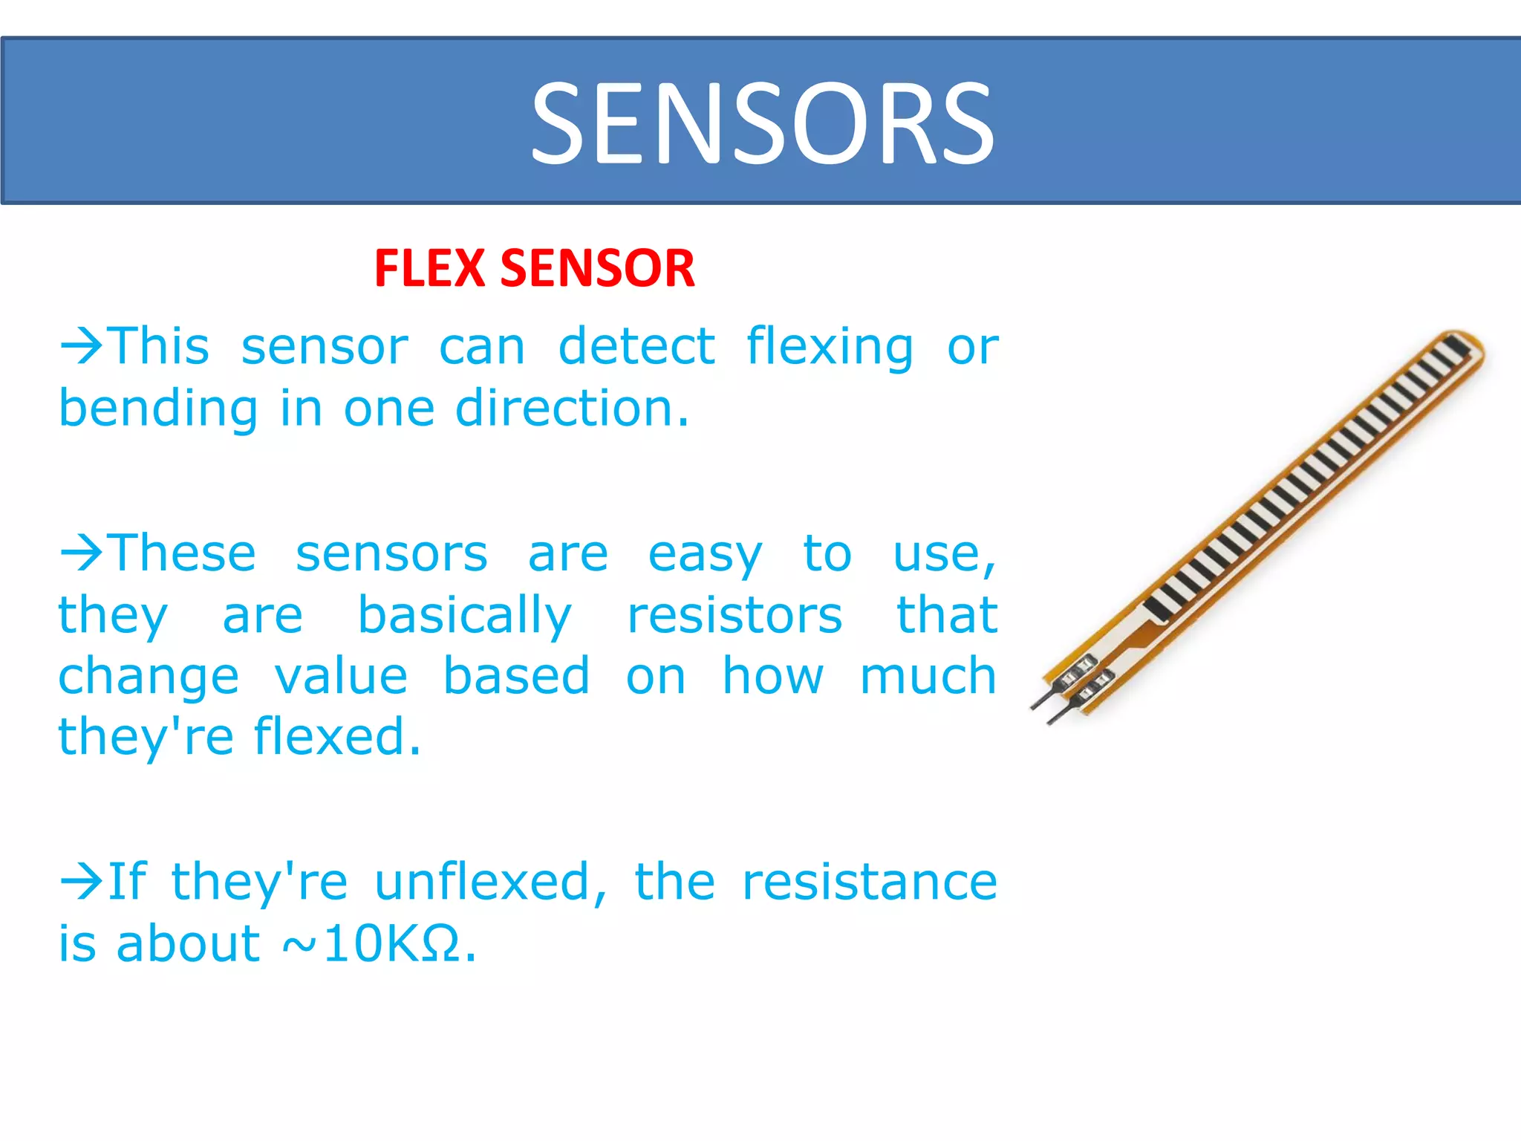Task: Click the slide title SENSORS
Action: (762, 123)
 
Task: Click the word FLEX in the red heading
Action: (429, 268)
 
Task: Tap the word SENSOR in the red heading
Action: (598, 268)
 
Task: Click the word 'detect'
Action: (636, 346)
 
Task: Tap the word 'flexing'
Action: (830, 348)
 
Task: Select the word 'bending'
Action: (158, 410)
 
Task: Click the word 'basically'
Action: (465, 617)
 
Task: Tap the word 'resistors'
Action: (735, 616)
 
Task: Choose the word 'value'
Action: (341, 677)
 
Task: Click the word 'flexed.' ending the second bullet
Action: (337, 737)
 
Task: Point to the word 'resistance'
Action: (870, 882)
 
